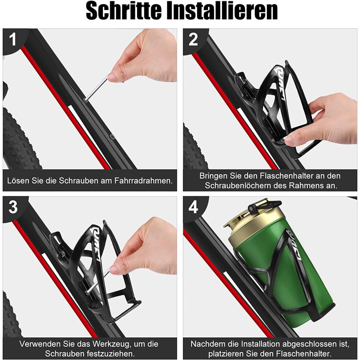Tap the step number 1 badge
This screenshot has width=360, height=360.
(13, 39)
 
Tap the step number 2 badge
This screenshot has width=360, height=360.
(193, 39)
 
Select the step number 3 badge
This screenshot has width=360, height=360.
(13, 207)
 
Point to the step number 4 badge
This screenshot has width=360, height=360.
(193, 207)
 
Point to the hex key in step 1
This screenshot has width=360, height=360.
(96, 89)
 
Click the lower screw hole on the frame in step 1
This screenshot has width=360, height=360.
(112, 137)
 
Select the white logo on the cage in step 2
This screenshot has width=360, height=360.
(280, 84)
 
